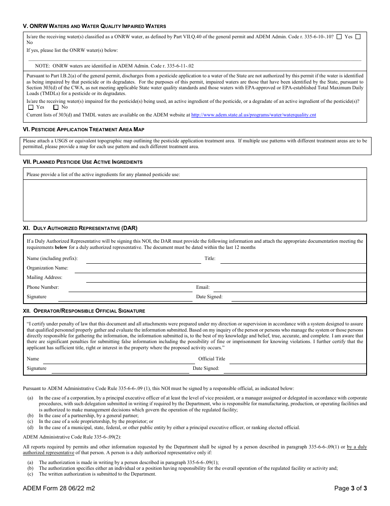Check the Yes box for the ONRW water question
(339, 37)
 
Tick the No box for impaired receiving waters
(56, 107)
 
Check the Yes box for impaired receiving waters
(31, 107)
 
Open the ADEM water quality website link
(253, 115)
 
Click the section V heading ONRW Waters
(94, 26)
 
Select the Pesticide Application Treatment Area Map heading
(83, 130)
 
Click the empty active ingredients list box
(195, 200)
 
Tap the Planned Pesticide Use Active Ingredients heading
(83, 162)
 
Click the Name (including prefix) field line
(143, 260)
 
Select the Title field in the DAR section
(293, 260)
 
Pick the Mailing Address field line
(226, 279)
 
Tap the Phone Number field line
(130, 288)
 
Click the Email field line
(289, 288)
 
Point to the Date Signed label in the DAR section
(209, 297)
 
